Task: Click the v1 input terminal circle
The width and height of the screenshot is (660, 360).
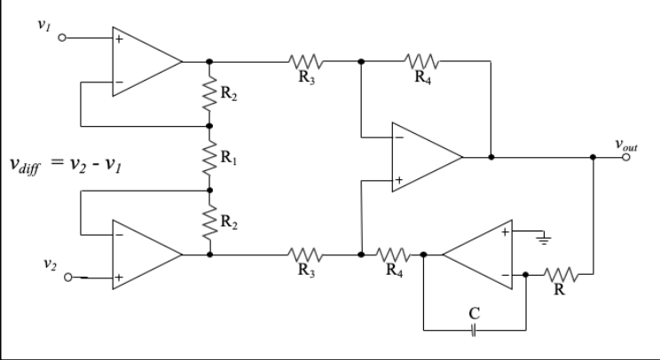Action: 63,39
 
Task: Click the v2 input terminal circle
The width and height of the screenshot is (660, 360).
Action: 63,277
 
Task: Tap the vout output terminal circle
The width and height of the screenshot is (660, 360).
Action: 627,157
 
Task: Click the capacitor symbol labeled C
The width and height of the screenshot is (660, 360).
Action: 475,330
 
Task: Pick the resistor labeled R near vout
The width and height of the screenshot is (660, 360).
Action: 561,275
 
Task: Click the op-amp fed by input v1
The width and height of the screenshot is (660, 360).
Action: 142,62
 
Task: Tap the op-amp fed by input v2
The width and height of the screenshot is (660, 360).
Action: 142,254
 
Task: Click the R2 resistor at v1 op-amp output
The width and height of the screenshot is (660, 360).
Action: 209,94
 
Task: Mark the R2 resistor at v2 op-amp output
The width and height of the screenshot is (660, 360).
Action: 209,222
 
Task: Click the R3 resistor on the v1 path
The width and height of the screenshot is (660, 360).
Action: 306,62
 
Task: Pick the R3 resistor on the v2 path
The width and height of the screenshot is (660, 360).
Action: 306,254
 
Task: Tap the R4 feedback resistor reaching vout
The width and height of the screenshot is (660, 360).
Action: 421,62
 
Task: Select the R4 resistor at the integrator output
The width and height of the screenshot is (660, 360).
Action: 392,254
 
